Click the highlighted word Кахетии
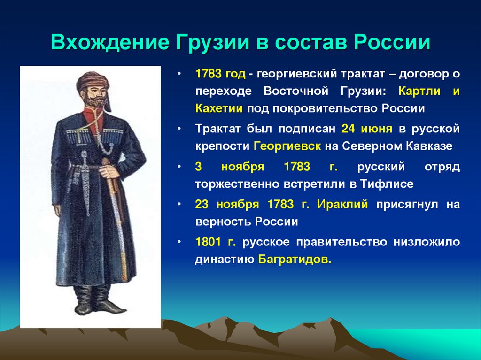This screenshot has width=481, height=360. click(x=219, y=109)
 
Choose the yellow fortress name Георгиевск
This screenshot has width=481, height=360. click(x=287, y=146)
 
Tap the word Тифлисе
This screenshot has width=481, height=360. click(x=389, y=184)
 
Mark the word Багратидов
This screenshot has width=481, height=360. click(x=295, y=260)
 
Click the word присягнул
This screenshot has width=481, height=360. click(x=404, y=204)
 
